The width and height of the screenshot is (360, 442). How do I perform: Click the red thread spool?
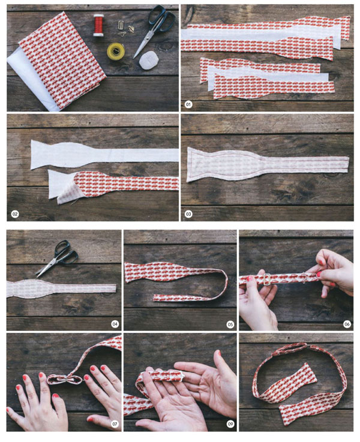pyautogui.click(x=98, y=25)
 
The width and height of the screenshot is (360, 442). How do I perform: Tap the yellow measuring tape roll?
pyautogui.click(x=116, y=50)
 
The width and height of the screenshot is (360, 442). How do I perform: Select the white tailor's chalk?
pyautogui.click(x=148, y=60)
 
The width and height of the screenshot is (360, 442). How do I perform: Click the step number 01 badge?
pyautogui.click(x=188, y=104)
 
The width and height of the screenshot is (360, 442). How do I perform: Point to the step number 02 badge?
pyautogui.click(x=14, y=214)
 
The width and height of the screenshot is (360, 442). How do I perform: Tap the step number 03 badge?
pyautogui.click(x=188, y=214)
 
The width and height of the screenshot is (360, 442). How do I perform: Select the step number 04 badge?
pyautogui.click(x=115, y=324)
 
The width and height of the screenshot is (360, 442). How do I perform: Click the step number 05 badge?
pyautogui.click(x=230, y=324)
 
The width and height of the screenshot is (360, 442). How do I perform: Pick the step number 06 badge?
pyautogui.click(x=347, y=324)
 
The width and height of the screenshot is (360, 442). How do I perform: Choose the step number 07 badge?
pyautogui.click(x=115, y=423)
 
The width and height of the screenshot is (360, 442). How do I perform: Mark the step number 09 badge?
pyautogui.click(x=230, y=423)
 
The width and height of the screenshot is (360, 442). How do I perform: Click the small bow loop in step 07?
pyautogui.click(x=65, y=380)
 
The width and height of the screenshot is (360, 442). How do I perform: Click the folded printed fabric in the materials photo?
pyautogui.click(x=62, y=61)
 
